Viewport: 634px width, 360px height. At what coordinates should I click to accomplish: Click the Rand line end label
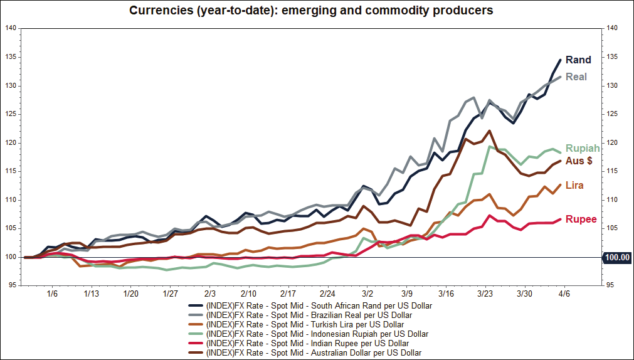tap(578, 60)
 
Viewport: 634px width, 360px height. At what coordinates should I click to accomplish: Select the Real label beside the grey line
tap(576, 77)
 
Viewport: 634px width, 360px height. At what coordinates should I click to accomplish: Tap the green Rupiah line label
tap(583, 149)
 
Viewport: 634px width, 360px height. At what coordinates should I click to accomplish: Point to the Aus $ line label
tap(579, 161)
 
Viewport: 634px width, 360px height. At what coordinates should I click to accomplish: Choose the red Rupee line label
tap(581, 220)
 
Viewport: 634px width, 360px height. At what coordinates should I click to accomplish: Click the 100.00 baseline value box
tap(616, 257)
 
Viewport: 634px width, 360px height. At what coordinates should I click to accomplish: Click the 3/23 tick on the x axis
tap(485, 294)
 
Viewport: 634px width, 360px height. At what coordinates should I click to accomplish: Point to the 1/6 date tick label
tap(52, 294)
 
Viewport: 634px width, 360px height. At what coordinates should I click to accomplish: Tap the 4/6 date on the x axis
tap(564, 294)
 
